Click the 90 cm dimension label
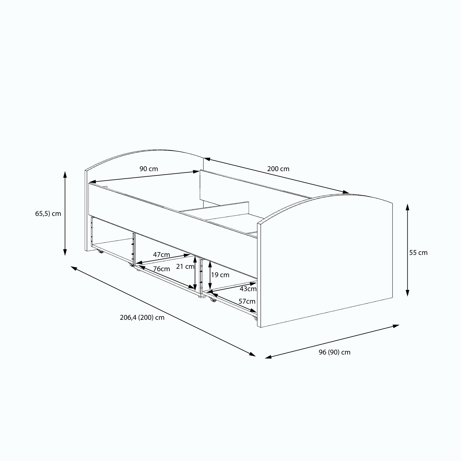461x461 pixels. click(149, 169)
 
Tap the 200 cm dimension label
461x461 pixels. click(278, 169)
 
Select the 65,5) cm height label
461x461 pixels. click(48, 214)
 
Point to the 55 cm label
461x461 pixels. click(418, 253)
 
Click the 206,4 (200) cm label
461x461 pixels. click(142, 318)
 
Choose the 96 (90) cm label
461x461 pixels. click(335, 352)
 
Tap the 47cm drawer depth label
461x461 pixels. click(161, 255)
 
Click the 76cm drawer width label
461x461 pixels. click(161, 269)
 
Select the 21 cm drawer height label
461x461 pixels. click(185, 267)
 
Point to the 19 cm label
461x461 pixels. click(220, 275)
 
